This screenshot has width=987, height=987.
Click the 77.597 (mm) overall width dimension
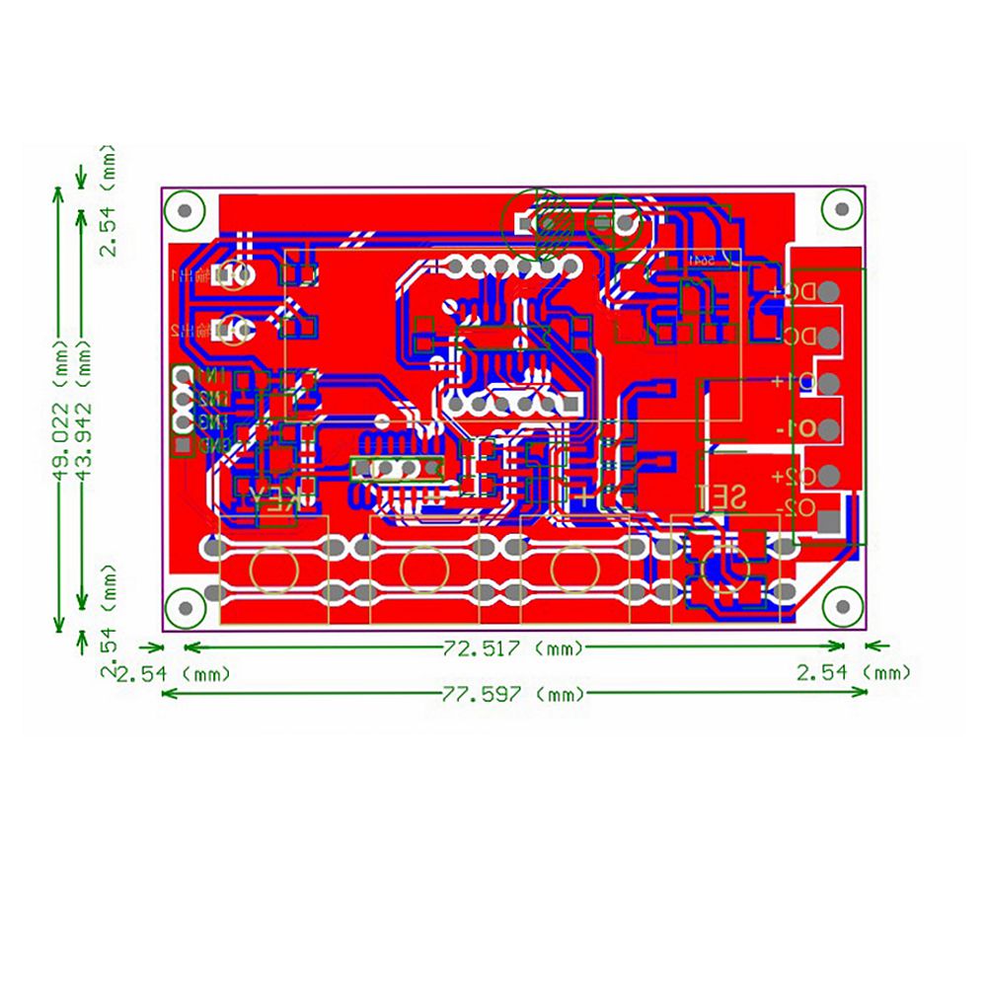click(x=513, y=694)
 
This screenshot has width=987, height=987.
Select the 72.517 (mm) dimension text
click(x=513, y=647)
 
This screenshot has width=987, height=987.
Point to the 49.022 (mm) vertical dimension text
click(x=61, y=415)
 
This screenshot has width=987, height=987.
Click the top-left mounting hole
click(x=185, y=209)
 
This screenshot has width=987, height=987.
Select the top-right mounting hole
click(x=841, y=209)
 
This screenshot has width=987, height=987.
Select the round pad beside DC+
click(x=829, y=291)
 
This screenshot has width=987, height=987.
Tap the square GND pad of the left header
click(x=183, y=446)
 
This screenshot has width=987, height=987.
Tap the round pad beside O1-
click(x=829, y=429)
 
